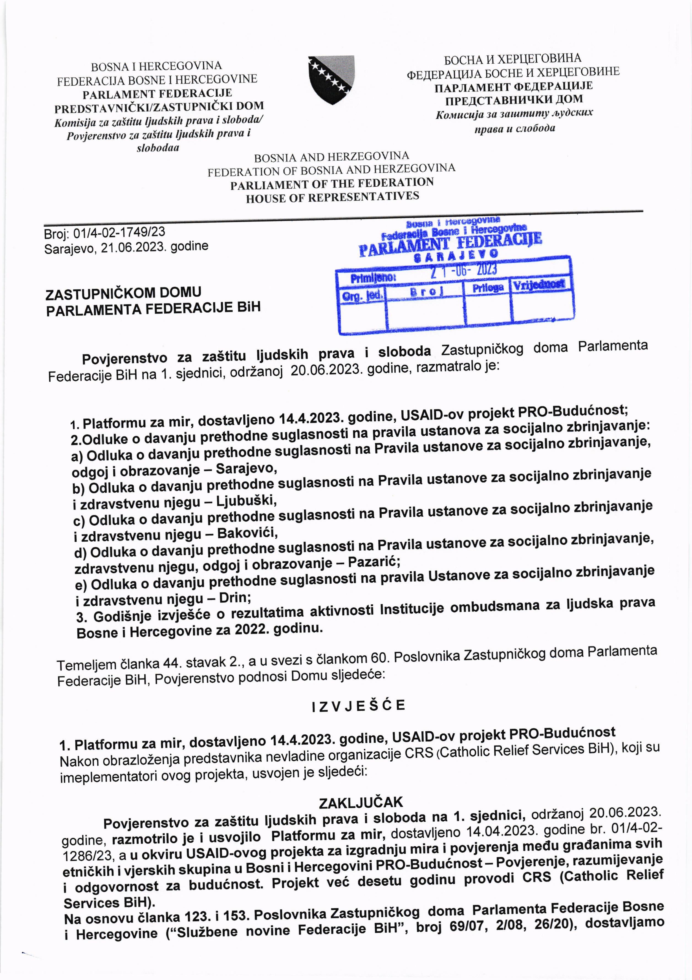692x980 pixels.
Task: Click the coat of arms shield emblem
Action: click(331, 80)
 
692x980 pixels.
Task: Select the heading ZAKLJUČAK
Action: click(361, 802)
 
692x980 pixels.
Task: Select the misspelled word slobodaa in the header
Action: click(158, 148)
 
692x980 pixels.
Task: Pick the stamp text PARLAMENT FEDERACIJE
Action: click(450, 243)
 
